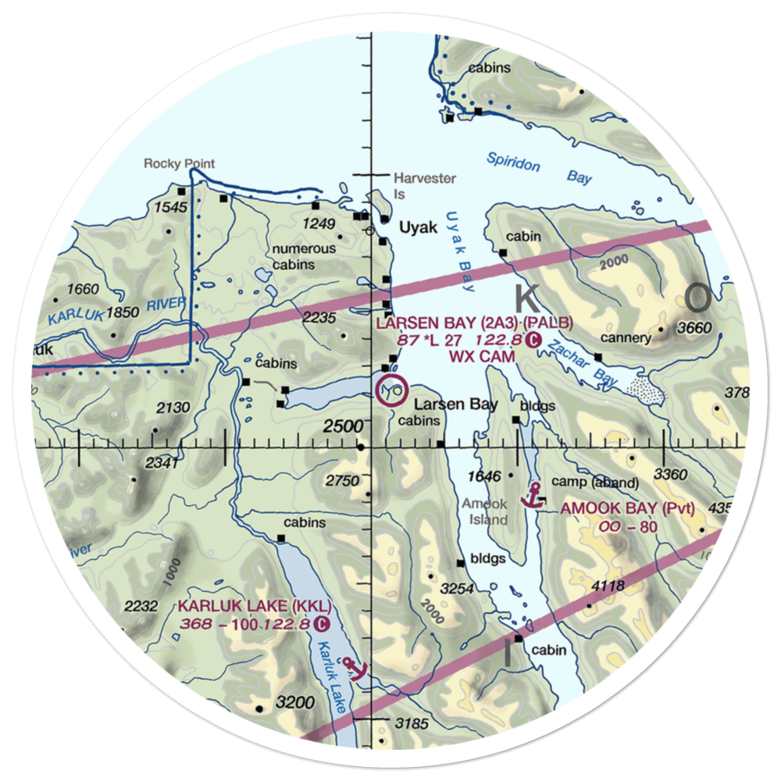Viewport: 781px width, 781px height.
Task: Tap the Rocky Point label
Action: tap(179, 164)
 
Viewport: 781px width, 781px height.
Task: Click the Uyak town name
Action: tap(417, 227)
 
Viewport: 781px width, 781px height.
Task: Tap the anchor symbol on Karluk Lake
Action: tap(356, 668)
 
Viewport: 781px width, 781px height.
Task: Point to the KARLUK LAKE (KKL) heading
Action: tap(254, 607)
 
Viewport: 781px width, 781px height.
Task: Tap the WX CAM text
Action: tap(482, 357)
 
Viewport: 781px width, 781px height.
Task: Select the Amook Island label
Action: tap(484, 512)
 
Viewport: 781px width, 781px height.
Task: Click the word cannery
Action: tap(626, 338)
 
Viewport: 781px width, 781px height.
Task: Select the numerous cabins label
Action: tap(305, 257)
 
